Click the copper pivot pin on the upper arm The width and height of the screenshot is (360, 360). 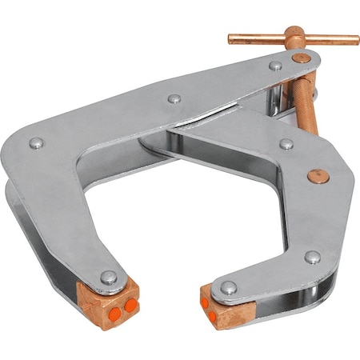click(x=299, y=58)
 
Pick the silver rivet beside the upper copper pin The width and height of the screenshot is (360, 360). click(x=275, y=65)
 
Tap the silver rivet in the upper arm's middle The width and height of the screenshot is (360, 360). click(x=174, y=100)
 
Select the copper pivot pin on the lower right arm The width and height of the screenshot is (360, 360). click(x=318, y=174)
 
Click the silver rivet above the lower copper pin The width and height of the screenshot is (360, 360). click(x=286, y=145)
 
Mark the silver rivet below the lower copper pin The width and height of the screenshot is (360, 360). click(x=312, y=257)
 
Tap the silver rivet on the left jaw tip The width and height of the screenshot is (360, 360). click(x=109, y=278)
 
